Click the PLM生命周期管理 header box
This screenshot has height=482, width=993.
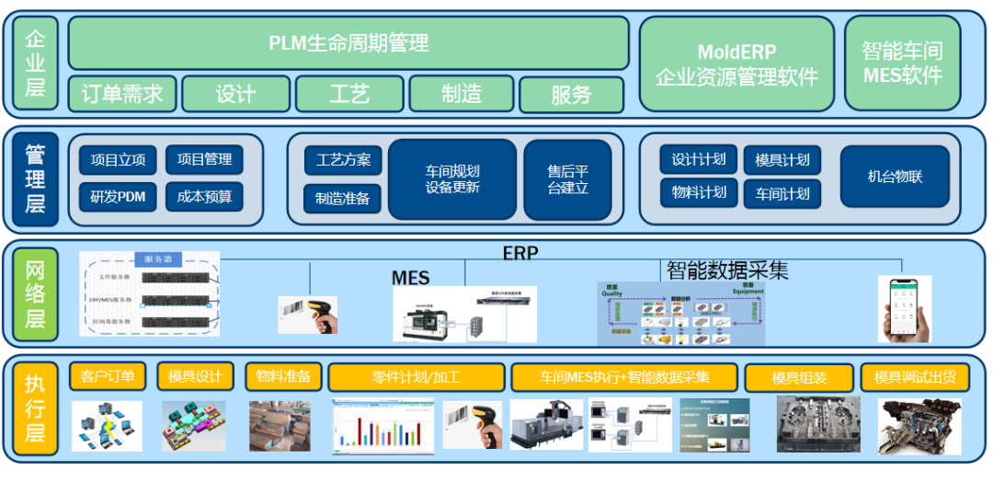tap(348, 42)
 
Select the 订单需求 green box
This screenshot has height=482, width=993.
tap(122, 94)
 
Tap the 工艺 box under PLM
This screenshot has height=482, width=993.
tap(349, 94)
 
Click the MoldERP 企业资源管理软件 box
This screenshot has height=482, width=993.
tap(736, 62)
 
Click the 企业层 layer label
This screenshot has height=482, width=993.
tap(35, 63)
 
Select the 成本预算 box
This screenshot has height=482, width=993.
tap(204, 196)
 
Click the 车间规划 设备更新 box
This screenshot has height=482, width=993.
tap(451, 179)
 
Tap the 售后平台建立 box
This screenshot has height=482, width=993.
tap(567, 179)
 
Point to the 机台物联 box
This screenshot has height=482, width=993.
tap(895, 177)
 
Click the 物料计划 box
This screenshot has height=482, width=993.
tap(699, 193)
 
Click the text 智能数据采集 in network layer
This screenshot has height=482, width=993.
tap(727, 270)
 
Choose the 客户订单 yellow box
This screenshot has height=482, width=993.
tap(108, 376)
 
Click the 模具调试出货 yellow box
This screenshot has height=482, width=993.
tap(915, 377)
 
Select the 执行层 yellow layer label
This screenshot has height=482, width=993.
tap(35, 409)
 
